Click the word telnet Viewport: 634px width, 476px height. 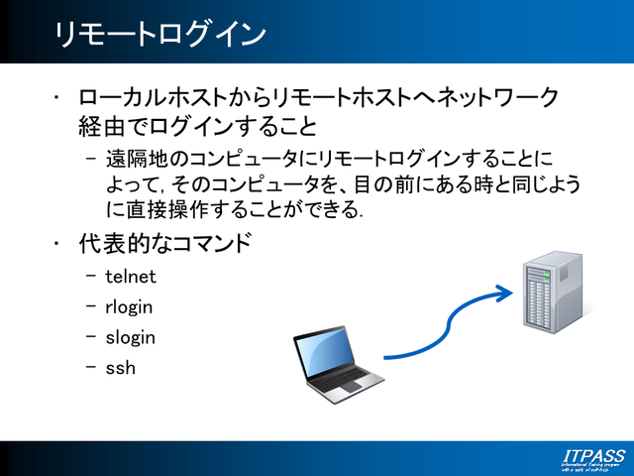[131, 277]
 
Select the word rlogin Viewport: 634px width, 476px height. [129, 307]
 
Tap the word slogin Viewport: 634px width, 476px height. [131, 337]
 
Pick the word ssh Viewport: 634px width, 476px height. [120, 368]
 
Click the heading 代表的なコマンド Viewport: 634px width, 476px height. [164, 243]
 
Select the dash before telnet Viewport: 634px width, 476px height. [92, 277]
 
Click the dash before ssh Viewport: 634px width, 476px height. [92, 368]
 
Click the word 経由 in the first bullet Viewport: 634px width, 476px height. [101, 127]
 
